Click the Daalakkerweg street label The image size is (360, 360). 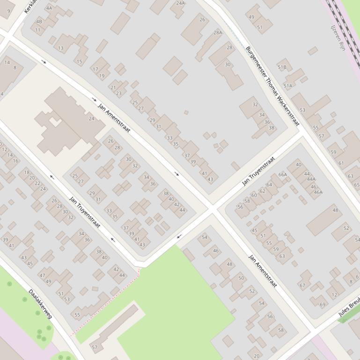(40, 304)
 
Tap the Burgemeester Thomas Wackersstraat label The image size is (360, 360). (272, 86)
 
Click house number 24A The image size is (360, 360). (180, 3)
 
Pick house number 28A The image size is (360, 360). (218, 33)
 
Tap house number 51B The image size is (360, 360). (282, 67)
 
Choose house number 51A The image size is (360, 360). (287, 86)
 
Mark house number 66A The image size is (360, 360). (283, 175)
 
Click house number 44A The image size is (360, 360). (311, 180)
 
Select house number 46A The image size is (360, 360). (318, 192)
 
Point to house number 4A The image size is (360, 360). (49, 8)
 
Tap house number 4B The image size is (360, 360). (39, 22)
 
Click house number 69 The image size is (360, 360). (323, 305)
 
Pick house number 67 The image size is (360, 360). (302, 285)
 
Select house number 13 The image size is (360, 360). (60, 48)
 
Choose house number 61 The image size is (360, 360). (341, 163)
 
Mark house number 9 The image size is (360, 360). (8, 10)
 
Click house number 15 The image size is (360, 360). (79, 62)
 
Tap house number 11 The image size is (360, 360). (37, 30)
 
